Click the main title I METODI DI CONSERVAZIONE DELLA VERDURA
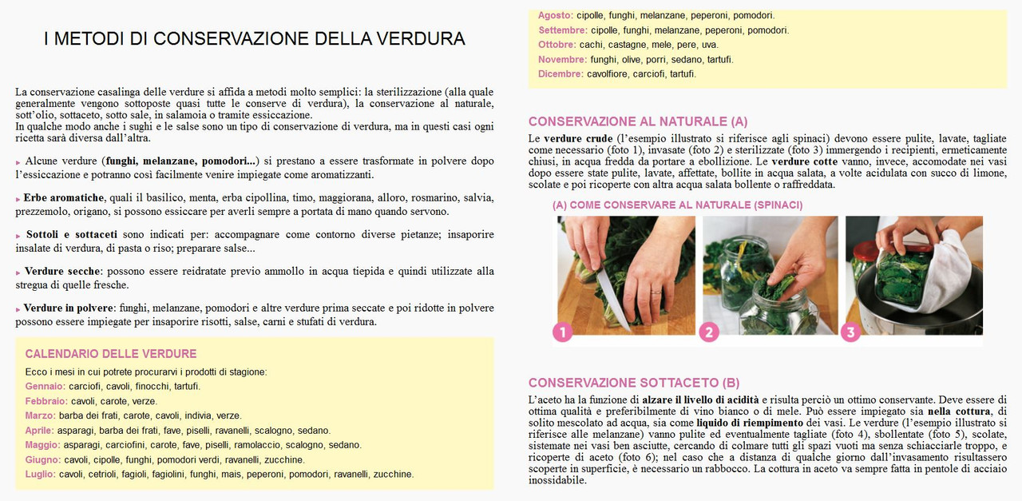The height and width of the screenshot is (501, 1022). (x=254, y=38)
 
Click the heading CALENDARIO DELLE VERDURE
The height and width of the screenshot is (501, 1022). (x=111, y=354)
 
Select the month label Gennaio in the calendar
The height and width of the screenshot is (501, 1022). (x=44, y=387)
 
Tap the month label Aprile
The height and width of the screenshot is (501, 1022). (x=39, y=431)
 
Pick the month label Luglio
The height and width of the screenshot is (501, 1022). (x=40, y=475)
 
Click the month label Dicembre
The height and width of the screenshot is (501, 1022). (x=561, y=74)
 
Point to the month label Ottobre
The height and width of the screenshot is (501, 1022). (x=557, y=45)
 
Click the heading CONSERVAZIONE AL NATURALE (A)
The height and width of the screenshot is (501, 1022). (x=638, y=121)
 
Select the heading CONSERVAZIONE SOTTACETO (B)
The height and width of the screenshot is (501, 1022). (x=634, y=383)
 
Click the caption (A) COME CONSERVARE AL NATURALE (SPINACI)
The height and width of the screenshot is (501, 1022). (x=677, y=205)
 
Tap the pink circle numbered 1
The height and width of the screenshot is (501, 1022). (x=562, y=332)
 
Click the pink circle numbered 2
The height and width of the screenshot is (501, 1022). (x=708, y=332)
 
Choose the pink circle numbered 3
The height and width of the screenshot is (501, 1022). (x=850, y=332)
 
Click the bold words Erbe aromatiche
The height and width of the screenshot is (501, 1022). (x=64, y=198)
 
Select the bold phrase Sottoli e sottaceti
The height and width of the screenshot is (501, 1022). (x=72, y=235)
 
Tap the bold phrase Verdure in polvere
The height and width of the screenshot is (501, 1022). (x=69, y=308)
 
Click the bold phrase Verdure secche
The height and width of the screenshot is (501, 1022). (x=62, y=272)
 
